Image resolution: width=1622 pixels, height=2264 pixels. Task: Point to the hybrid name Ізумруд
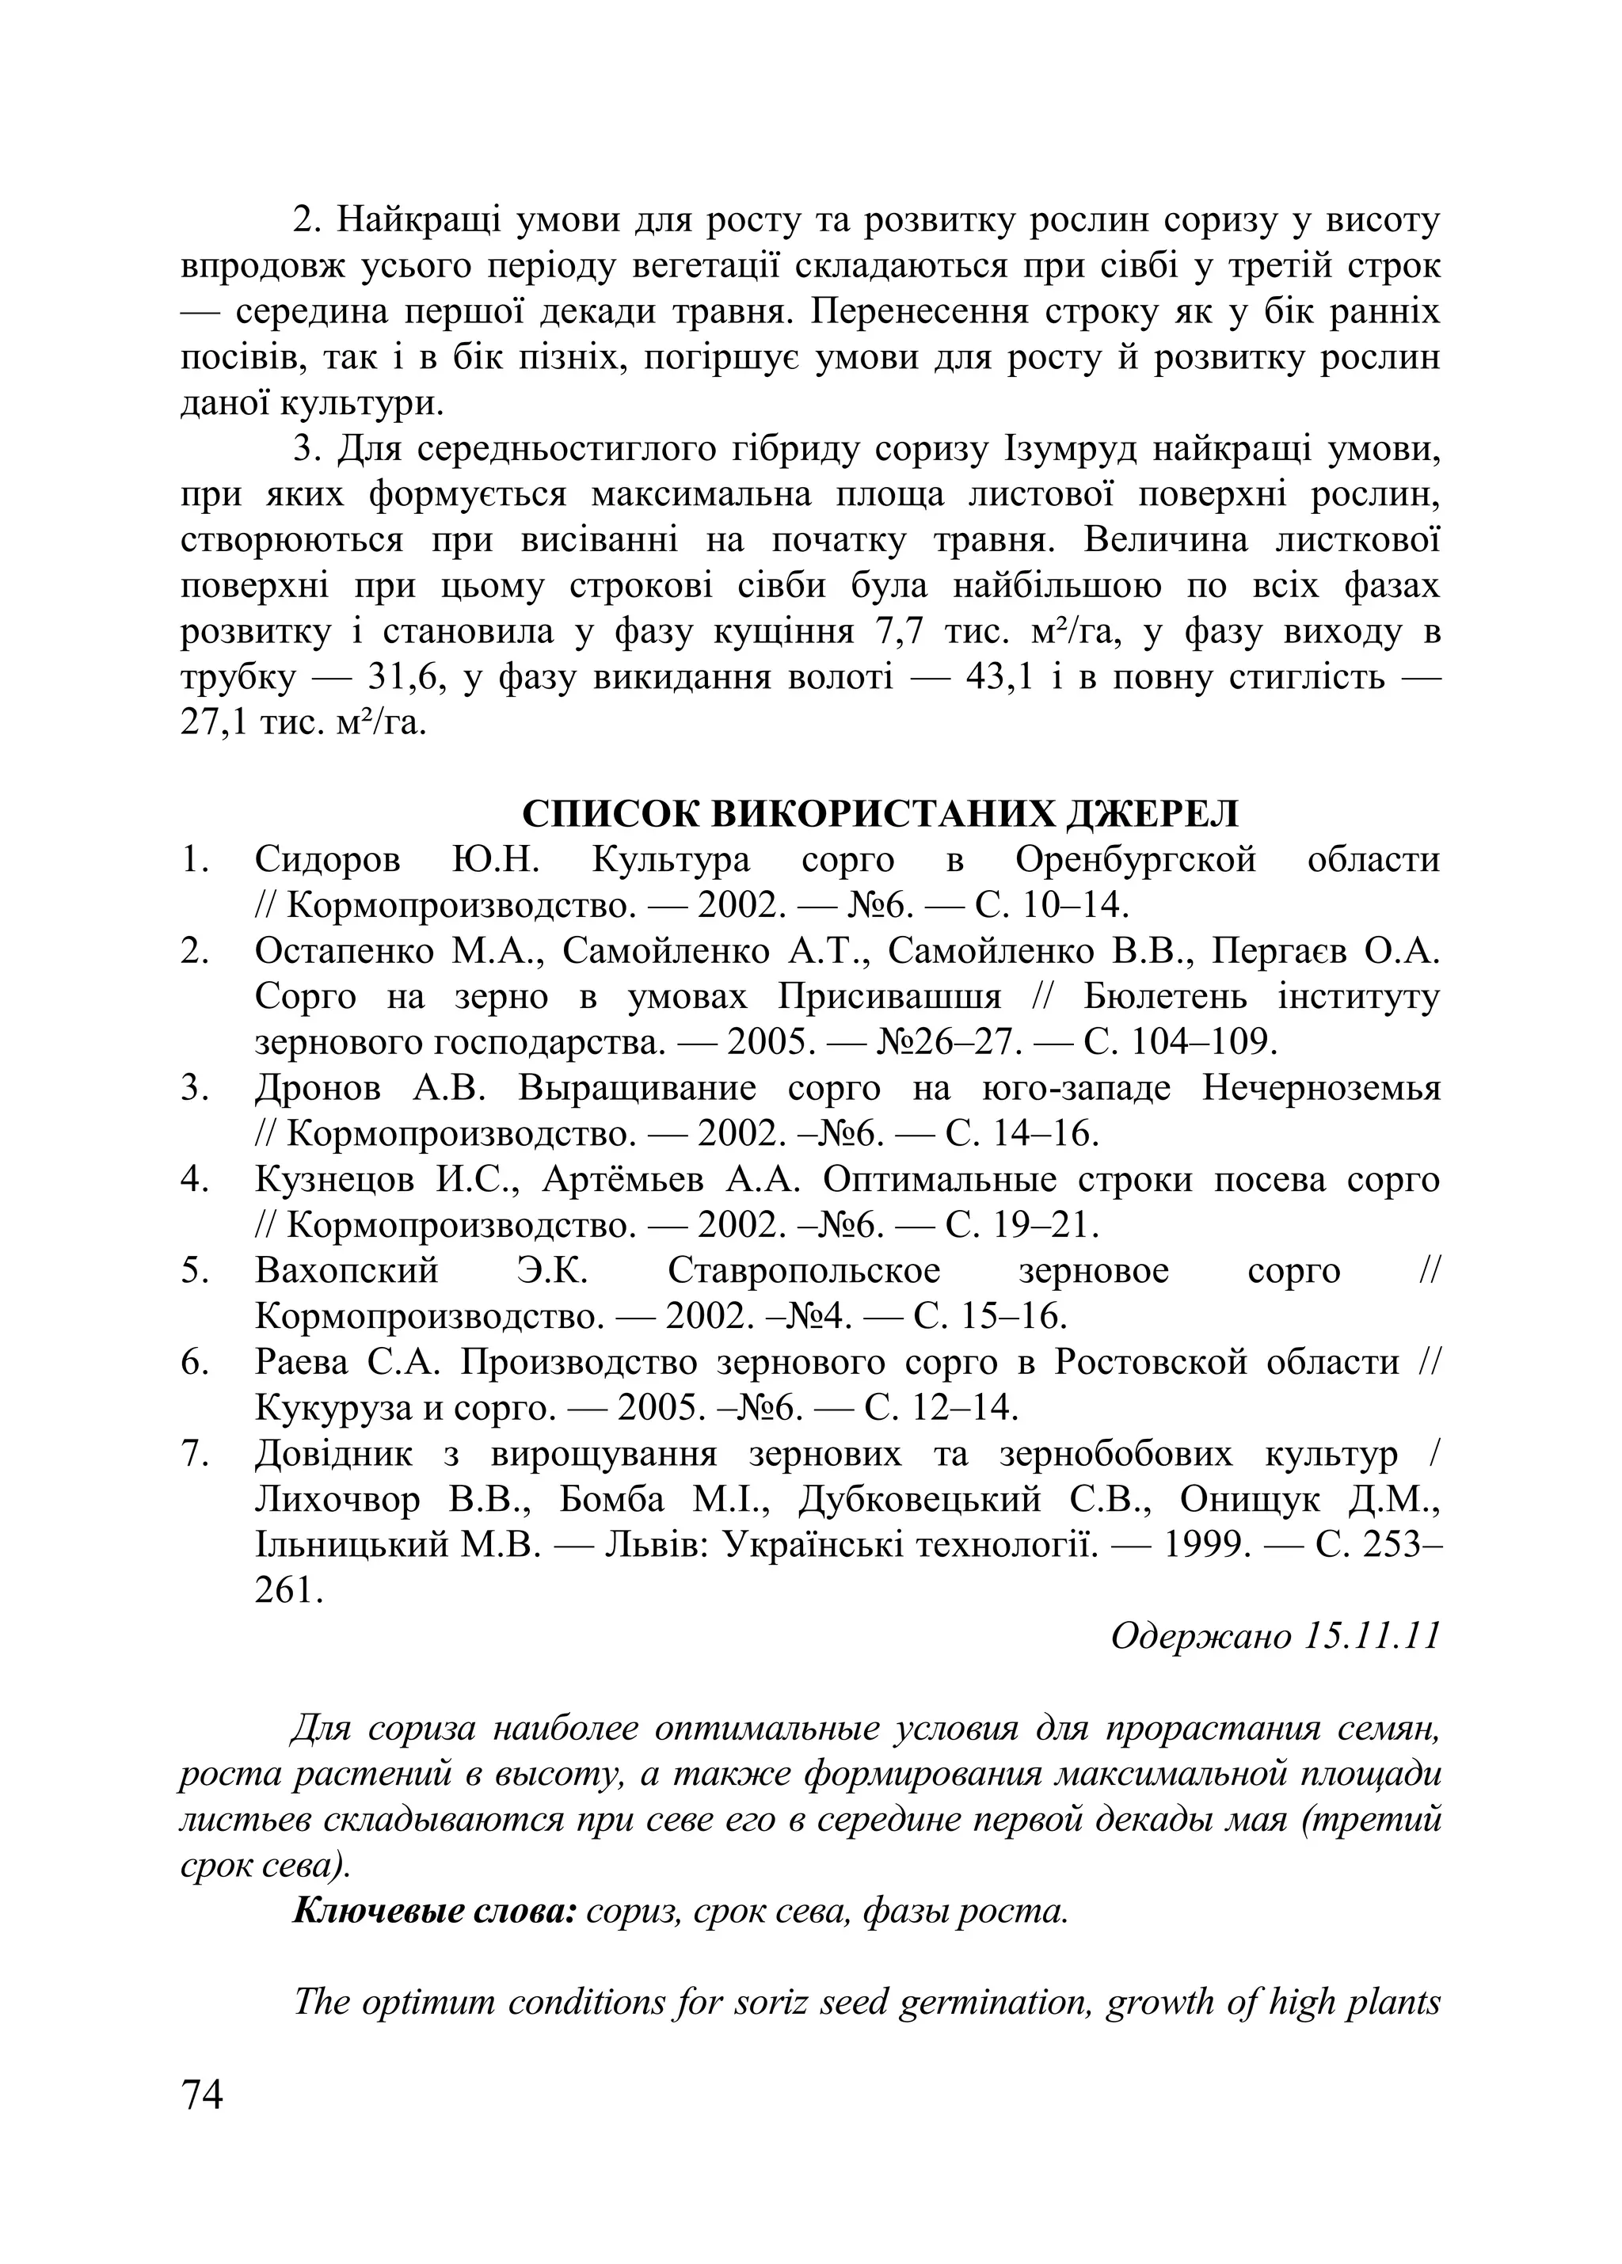[x=1066, y=449]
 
